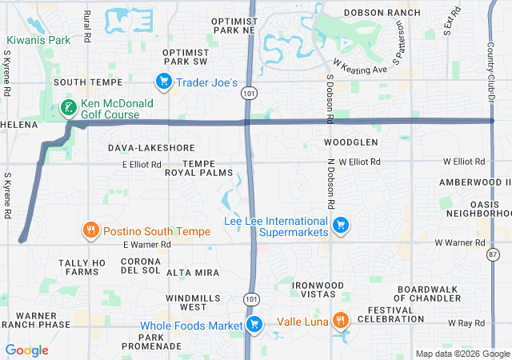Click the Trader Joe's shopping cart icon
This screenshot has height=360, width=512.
(x=163, y=81)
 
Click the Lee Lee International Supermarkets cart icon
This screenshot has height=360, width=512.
(x=341, y=225)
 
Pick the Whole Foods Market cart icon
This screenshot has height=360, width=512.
(x=254, y=324)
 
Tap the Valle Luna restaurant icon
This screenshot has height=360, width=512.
(x=341, y=322)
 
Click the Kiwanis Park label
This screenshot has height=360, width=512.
(x=38, y=40)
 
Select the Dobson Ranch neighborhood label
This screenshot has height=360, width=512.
(x=382, y=13)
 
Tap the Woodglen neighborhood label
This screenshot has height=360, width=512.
(x=350, y=142)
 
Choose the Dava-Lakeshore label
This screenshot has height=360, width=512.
(x=151, y=148)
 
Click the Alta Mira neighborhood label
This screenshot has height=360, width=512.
(x=192, y=273)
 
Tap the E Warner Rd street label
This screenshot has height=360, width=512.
(x=147, y=244)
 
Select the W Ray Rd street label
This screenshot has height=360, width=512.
(x=466, y=323)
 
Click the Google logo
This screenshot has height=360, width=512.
(x=27, y=350)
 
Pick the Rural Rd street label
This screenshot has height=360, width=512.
(x=87, y=27)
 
